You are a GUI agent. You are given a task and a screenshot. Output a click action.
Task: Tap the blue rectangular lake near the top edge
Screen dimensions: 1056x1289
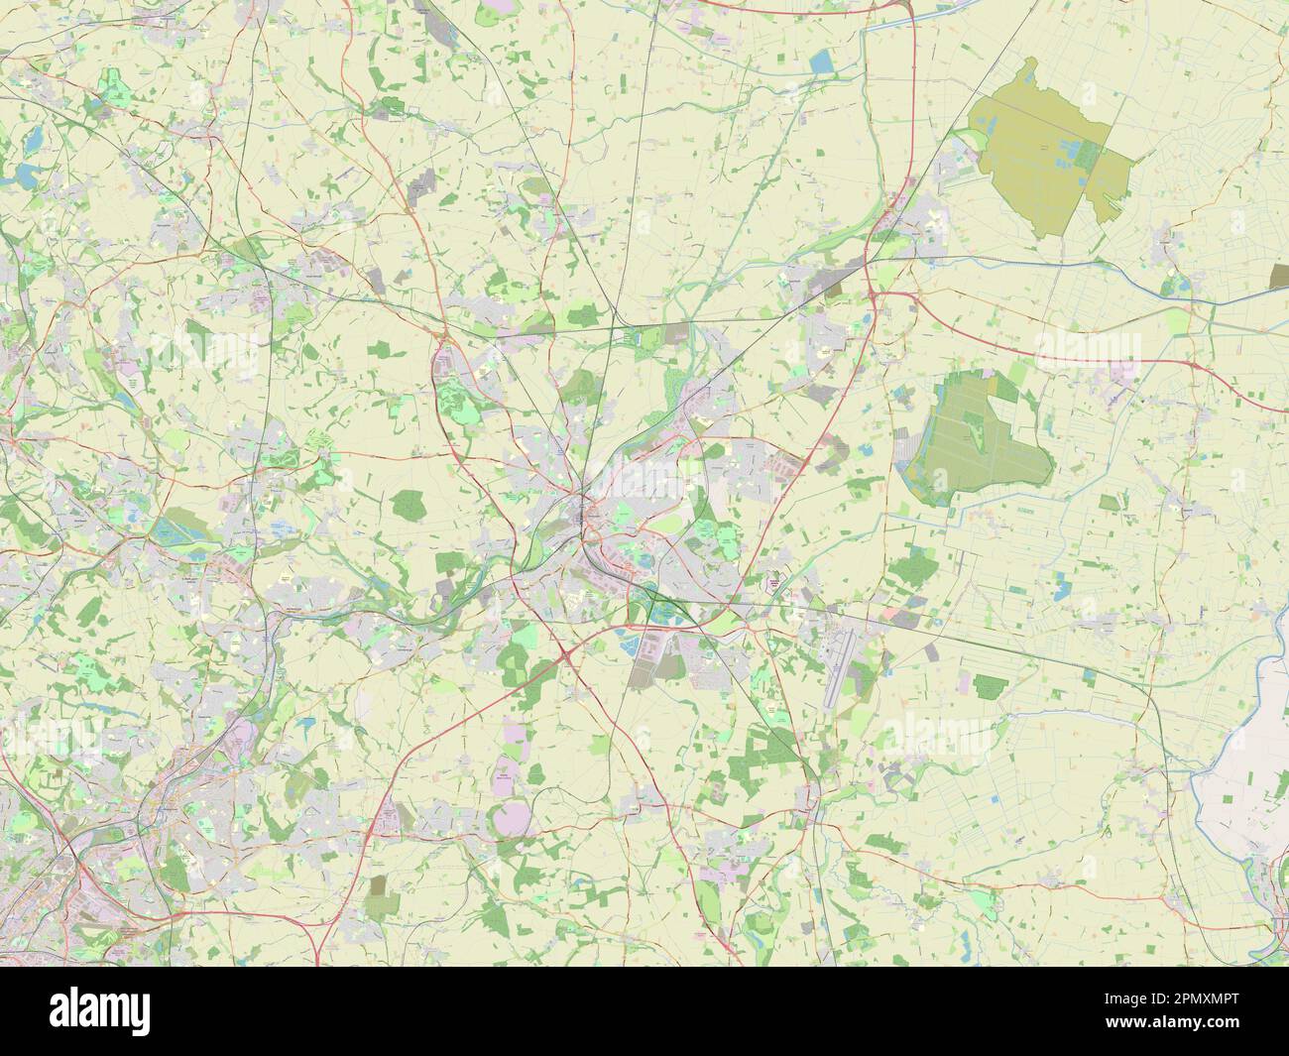click(822, 63)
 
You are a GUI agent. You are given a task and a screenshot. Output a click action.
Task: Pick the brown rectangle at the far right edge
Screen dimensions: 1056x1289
click(1279, 276)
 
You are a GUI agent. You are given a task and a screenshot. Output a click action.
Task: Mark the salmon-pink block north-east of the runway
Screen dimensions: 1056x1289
click(903, 616)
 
